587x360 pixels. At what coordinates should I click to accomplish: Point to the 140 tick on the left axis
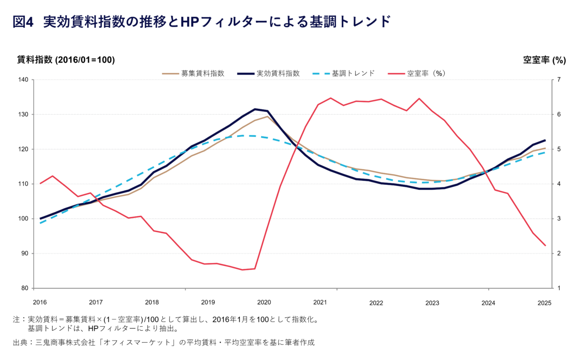[x=23, y=80]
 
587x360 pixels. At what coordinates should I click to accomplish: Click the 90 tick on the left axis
[x=24, y=254]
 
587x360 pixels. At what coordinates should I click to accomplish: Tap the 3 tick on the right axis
[x=558, y=219]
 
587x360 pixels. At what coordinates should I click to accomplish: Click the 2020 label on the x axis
[x=264, y=302]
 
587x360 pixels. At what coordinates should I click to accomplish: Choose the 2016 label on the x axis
[x=39, y=302]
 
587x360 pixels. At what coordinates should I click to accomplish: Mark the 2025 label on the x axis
[x=545, y=302]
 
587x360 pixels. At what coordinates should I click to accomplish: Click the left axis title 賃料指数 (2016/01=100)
[x=66, y=60]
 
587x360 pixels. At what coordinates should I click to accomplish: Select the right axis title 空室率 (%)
[x=544, y=60]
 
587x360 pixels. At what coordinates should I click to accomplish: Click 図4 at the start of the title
[x=22, y=21]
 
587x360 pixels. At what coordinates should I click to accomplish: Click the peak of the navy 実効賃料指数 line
[x=255, y=109]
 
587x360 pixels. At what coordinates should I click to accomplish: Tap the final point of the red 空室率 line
[x=546, y=245]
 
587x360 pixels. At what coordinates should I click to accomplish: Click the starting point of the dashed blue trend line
[x=40, y=223]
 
